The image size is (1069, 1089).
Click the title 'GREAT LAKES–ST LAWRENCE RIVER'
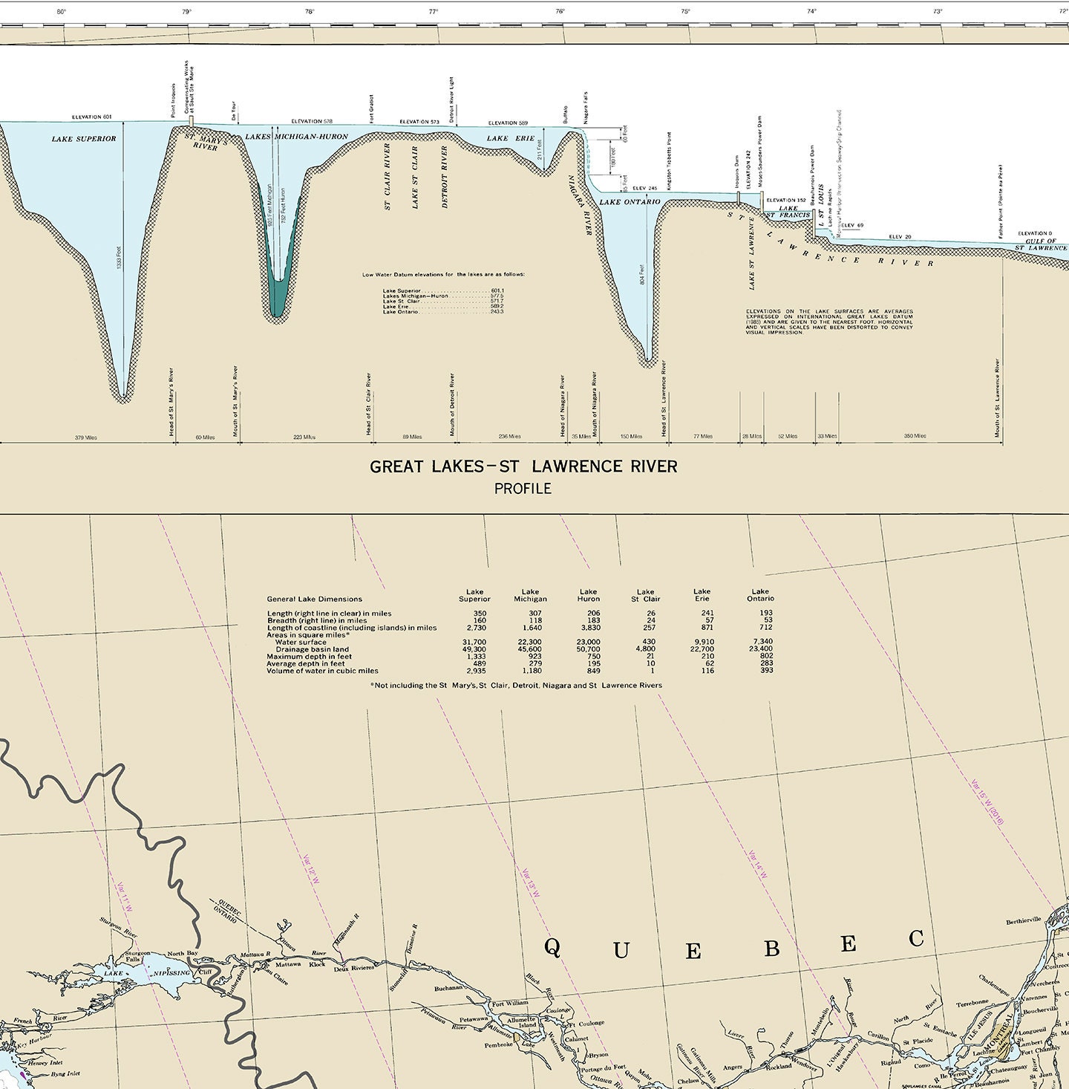[x=523, y=467]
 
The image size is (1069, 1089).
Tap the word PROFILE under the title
[x=523, y=489]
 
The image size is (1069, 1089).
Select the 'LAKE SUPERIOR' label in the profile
[x=84, y=139]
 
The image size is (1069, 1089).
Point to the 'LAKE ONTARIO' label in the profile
[x=630, y=202]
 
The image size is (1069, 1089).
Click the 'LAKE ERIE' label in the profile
[x=509, y=139]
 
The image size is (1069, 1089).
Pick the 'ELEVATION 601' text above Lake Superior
[x=91, y=117]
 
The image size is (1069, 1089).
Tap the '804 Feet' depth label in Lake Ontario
[x=642, y=275]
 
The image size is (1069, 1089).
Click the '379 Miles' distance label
[x=86, y=438]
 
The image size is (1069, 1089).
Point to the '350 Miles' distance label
[x=915, y=436]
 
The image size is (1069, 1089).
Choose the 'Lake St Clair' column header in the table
[x=645, y=596]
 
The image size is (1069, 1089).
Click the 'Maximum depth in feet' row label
[x=309, y=657]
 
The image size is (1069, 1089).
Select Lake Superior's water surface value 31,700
[x=474, y=642]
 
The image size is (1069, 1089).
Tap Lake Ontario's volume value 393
[x=766, y=670]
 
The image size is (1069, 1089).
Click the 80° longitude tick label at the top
[x=61, y=11]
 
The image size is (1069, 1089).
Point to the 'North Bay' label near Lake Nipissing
[x=182, y=954]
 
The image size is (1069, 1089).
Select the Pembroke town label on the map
[x=498, y=1044]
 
